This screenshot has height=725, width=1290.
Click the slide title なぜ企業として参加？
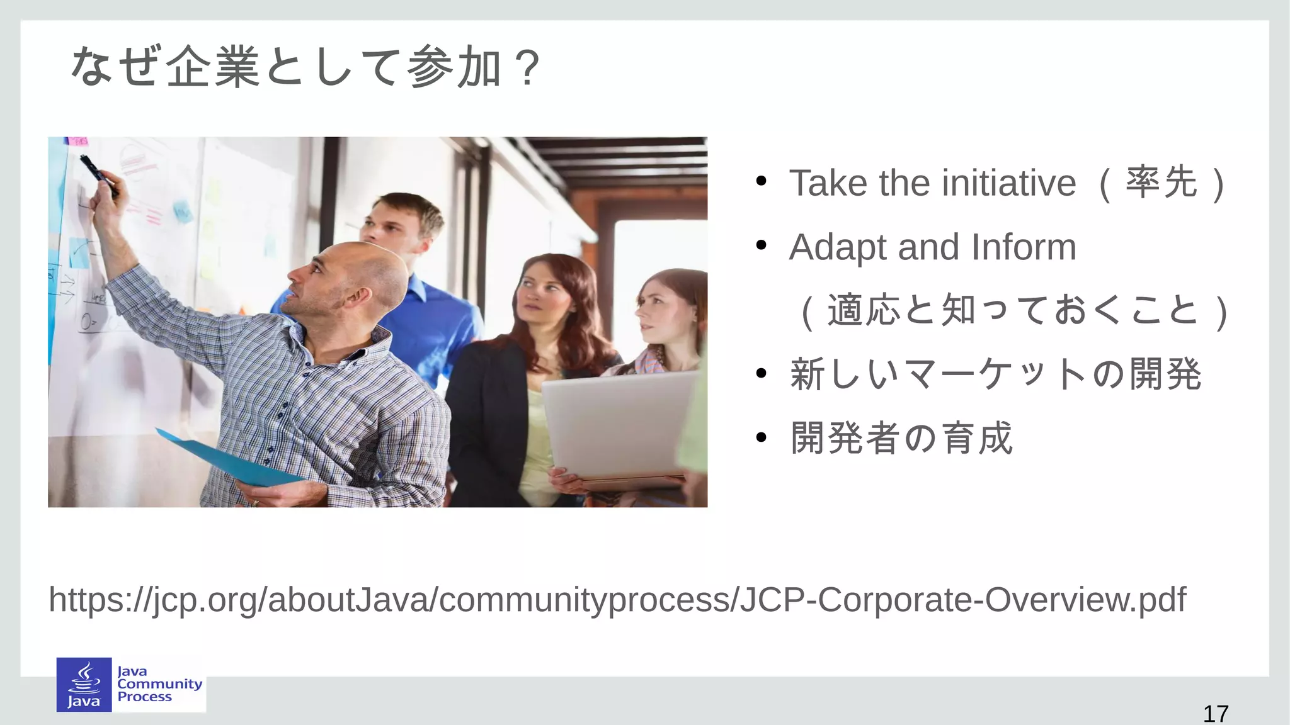pyautogui.click(x=305, y=67)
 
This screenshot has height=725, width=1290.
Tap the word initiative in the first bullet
pyautogui.click(x=1009, y=183)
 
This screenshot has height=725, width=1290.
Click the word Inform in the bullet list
pyautogui.click(x=1024, y=247)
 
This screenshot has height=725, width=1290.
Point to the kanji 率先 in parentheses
pyautogui.click(x=1162, y=183)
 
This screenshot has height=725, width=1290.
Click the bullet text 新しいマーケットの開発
pyautogui.click(x=995, y=374)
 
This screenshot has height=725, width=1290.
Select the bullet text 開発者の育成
pyautogui.click(x=901, y=438)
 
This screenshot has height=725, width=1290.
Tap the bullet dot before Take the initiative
pyautogui.click(x=761, y=182)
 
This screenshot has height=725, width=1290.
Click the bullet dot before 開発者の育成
pyautogui.click(x=761, y=437)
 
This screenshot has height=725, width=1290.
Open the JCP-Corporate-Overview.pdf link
pyautogui.click(x=617, y=599)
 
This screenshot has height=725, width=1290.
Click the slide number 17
pyautogui.click(x=1215, y=714)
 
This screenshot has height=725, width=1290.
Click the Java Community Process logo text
pyautogui.click(x=159, y=684)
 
